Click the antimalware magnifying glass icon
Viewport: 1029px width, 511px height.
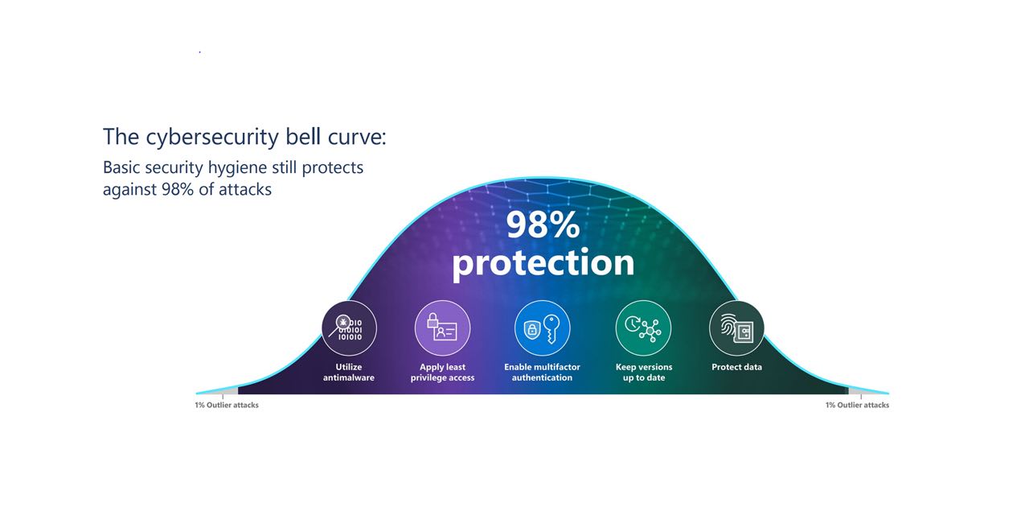(x=349, y=328)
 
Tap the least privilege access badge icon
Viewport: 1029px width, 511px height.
(x=442, y=328)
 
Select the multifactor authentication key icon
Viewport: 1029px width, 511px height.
(x=543, y=328)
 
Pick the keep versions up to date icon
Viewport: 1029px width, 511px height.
(x=643, y=328)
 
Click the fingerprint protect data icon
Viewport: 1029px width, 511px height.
(x=736, y=328)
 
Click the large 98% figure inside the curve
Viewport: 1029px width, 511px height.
(x=543, y=225)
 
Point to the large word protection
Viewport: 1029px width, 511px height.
(x=543, y=262)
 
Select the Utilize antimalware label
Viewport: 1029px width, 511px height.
(x=349, y=373)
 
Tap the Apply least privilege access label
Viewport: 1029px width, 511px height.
(x=442, y=373)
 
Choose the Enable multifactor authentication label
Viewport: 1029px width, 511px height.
(x=542, y=373)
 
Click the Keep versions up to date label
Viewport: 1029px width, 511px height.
(x=644, y=373)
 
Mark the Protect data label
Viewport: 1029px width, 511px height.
(x=736, y=367)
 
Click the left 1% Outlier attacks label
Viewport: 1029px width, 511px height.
(x=227, y=405)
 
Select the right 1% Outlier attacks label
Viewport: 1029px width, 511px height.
(x=857, y=405)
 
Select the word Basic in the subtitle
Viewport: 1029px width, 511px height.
(x=122, y=168)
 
